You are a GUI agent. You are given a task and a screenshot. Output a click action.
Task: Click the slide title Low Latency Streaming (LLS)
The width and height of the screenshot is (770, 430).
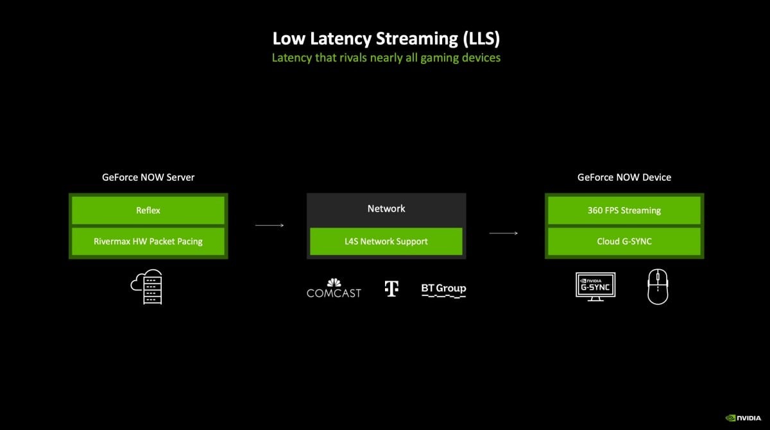tap(386, 38)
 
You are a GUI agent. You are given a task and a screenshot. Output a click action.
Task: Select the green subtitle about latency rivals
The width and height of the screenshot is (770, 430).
tap(386, 58)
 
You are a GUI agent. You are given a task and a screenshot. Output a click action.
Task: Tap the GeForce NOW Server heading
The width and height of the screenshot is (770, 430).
tap(148, 177)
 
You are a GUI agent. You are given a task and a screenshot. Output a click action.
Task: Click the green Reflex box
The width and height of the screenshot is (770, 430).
tap(148, 210)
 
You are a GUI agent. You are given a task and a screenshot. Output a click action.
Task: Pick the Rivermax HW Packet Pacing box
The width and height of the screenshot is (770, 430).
tap(148, 242)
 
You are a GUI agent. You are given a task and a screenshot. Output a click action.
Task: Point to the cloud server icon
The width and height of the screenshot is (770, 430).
tap(147, 286)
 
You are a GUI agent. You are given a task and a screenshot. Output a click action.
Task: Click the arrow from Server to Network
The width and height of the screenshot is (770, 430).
tap(269, 225)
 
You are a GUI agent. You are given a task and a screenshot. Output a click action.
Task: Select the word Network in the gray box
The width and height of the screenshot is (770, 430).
tap(386, 208)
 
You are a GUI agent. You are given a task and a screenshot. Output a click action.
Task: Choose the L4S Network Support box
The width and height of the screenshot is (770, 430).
tap(386, 242)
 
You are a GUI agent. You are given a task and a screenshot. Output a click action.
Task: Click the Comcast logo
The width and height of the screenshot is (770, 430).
tap(334, 292)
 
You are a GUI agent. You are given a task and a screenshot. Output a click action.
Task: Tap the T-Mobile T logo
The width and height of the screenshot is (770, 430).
tap(391, 288)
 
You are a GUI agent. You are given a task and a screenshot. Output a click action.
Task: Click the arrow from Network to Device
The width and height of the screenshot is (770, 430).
tap(503, 233)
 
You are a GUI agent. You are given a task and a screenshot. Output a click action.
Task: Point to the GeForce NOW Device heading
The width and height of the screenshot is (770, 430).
tap(624, 177)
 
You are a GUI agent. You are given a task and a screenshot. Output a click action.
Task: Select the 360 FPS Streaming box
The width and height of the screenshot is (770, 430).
tap(624, 210)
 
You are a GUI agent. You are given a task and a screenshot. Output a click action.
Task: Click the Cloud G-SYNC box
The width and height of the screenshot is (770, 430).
tap(624, 242)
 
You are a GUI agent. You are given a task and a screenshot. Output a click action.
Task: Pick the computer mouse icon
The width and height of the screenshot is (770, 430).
tap(658, 286)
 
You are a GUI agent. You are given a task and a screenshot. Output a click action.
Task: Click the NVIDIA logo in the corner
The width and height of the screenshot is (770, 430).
tap(743, 417)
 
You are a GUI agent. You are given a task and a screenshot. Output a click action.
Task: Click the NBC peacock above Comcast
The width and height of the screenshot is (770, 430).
tap(334, 282)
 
